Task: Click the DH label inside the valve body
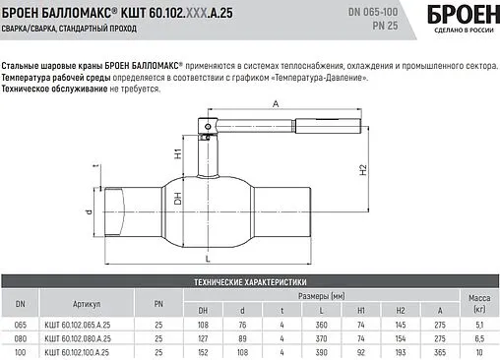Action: [x=178, y=198]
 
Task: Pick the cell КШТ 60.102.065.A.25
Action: [x=87, y=323]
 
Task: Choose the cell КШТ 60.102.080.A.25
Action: [x=87, y=336]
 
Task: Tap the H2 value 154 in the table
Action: [x=400, y=336]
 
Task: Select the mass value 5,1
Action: [x=477, y=323]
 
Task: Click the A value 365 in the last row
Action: [x=439, y=351]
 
